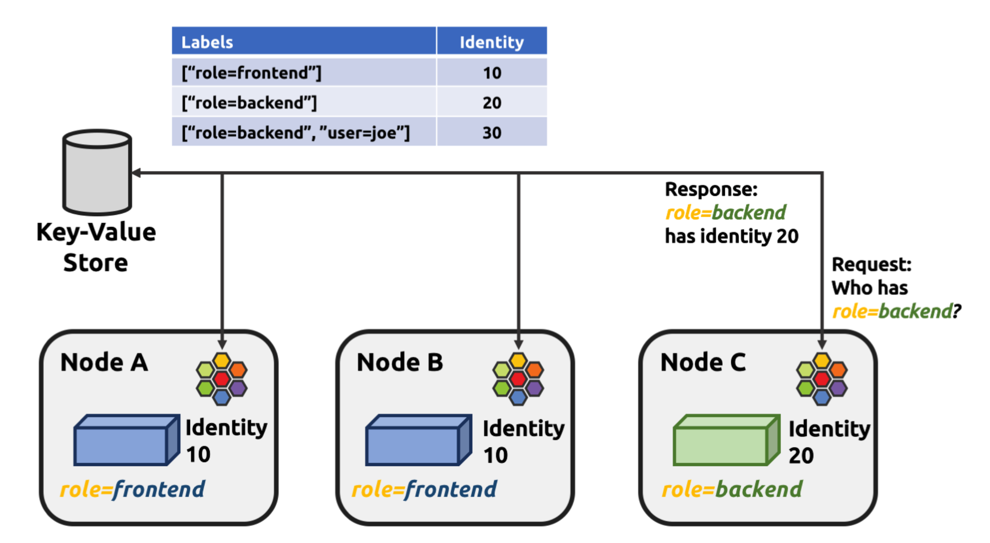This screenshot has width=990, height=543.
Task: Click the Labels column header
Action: pyautogui.click(x=207, y=42)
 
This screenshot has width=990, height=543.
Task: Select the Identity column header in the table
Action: pyautogui.click(x=491, y=42)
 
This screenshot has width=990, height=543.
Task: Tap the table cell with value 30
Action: pyautogui.click(x=491, y=133)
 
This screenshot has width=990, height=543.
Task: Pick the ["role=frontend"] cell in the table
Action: pyautogui.click(x=251, y=73)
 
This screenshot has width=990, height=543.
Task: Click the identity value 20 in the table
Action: pyautogui.click(x=491, y=103)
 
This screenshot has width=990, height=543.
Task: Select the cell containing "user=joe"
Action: pyautogui.click(x=296, y=133)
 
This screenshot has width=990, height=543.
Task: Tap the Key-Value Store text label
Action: pyautogui.click(x=96, y=247)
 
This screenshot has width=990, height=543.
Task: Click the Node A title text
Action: pyautogui.click(x=104, y=362)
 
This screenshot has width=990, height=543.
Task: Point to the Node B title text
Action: pyautogui.click(x=400, y=362)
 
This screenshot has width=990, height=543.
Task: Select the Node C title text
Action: pyautogui.click(x=703, y=362)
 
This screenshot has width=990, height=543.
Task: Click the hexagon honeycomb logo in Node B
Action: pyautogui.click(x=518, y=379)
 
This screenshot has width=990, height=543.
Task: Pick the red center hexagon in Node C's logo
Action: pyautogui.click(x=822, y=379)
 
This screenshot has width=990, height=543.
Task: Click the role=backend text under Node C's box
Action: pyautogui.click(x=732, y=489)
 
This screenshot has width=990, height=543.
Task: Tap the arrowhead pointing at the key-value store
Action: pyautogui.click(x=137, y=173)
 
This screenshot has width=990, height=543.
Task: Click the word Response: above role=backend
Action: pyautogui.click(x=711, y=189)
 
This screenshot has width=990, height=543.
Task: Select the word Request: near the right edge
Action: pyautogui.click(x=871, y=264)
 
